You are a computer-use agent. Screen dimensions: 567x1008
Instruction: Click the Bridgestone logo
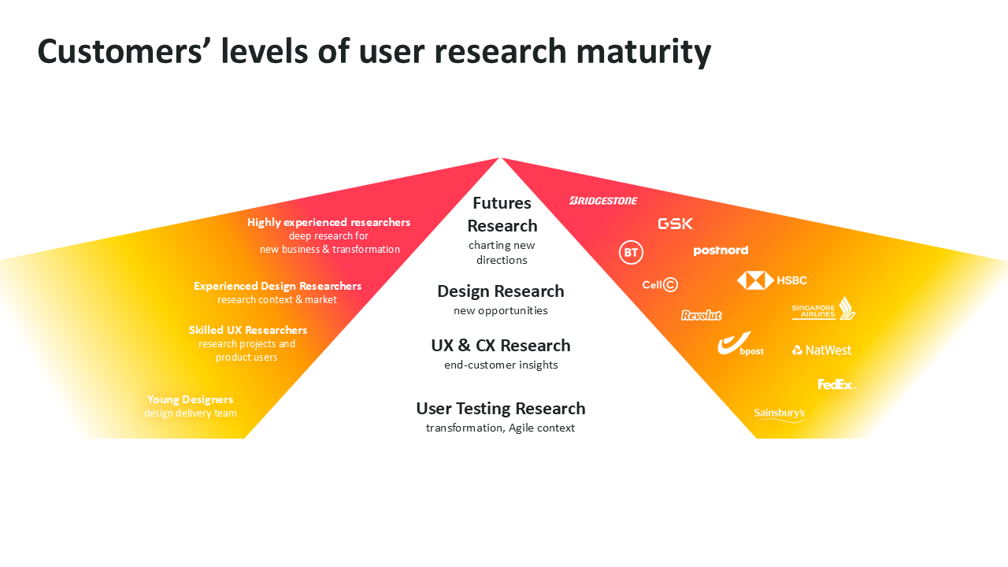[x=603, y=201]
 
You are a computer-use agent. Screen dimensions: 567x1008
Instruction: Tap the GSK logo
[x=675, y=224]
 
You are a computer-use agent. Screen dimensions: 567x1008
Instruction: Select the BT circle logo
[x=631, y=253]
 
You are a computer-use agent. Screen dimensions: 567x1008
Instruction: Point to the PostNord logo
[x=721, y=251]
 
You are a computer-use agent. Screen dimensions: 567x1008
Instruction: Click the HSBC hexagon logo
[x=755, y=280]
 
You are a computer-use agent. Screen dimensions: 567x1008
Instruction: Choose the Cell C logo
[x=660, y=284]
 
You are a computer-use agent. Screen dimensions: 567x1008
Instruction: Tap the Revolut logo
[x=701, y=316]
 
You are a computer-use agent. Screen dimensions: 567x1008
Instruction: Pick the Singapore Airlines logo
[x=824, y=309]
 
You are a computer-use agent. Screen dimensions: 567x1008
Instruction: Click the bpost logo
[x=739, y=344]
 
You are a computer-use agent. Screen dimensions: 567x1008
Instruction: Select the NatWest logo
[x=821, y=350]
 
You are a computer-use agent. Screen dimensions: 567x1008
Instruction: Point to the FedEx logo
[x=836, y=385]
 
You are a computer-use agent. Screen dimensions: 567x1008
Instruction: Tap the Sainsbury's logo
[x=780, y=413]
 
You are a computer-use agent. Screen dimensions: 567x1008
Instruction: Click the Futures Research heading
[x=502, y=214]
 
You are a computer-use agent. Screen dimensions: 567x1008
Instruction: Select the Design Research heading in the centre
[x=501, y=291]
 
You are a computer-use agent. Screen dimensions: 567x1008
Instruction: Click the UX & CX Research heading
[x=501, y=346]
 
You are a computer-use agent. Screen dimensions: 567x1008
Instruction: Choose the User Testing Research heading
[x=501, y=409]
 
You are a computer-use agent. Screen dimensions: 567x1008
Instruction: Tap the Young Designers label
[x=190, y=399]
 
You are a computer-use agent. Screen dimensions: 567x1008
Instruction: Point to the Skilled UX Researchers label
[x=248, y=330]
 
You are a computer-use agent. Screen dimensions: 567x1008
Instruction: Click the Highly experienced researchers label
[x=328, y=222]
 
